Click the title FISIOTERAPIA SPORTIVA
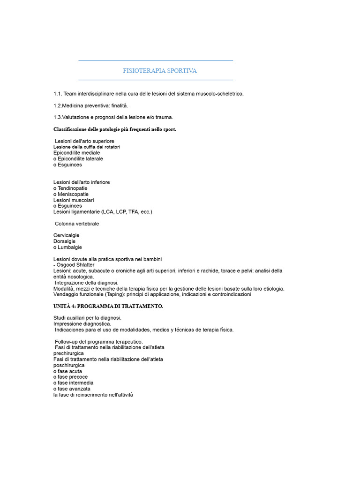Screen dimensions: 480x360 [159, 71]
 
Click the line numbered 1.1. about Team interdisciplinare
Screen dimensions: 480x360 [149, 94]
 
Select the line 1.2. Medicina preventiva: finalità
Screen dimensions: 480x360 [90, 105]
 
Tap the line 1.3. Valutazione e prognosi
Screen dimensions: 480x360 [113, 117]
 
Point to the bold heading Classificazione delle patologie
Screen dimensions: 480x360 [115, 129]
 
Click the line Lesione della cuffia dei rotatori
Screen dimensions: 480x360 [87, 147]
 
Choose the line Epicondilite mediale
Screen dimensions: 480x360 [76, 153]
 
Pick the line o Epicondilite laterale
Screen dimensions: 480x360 [78, 159]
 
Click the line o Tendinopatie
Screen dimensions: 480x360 [70, 188]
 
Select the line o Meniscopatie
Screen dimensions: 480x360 [71, 194]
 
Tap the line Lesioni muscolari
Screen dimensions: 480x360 [74, 200]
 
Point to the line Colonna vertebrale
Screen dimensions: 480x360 [77, 224]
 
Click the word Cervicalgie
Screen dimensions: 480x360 [67, 235]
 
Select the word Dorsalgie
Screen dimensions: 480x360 [65, 241]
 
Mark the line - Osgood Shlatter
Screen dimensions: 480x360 [74, 265]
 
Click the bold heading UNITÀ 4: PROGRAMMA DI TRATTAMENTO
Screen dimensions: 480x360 [108, 306]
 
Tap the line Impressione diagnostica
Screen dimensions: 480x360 [82, 323]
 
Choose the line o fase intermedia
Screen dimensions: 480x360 [73, 382]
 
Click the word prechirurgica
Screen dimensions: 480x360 [68, 353]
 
